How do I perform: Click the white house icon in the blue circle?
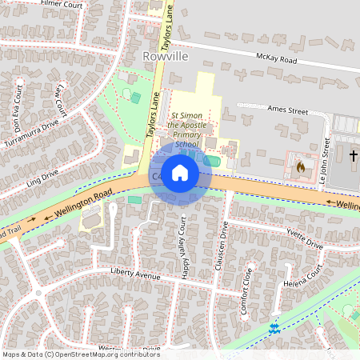[180, 173]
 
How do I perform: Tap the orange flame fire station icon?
[301, 167]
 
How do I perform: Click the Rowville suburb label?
[164, 57]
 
